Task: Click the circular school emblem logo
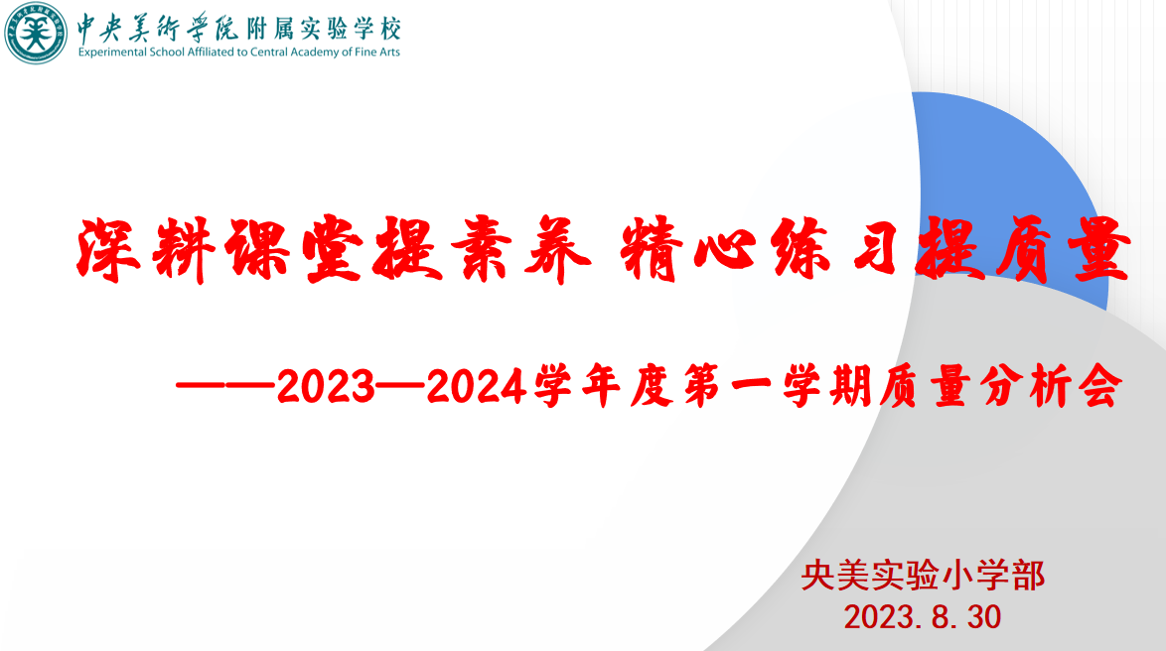[35, 33]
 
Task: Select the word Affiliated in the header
[211, 52]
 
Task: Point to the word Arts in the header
[389, 52]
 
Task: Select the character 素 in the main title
[482, 249]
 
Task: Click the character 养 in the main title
[558, 250]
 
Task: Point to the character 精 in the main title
[652, 249]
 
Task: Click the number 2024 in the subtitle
[476, 386]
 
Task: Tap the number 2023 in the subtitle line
[326, 386]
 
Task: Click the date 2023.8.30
[922, 617]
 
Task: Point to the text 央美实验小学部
[923, 576]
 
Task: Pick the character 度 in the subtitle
[652, 386]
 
